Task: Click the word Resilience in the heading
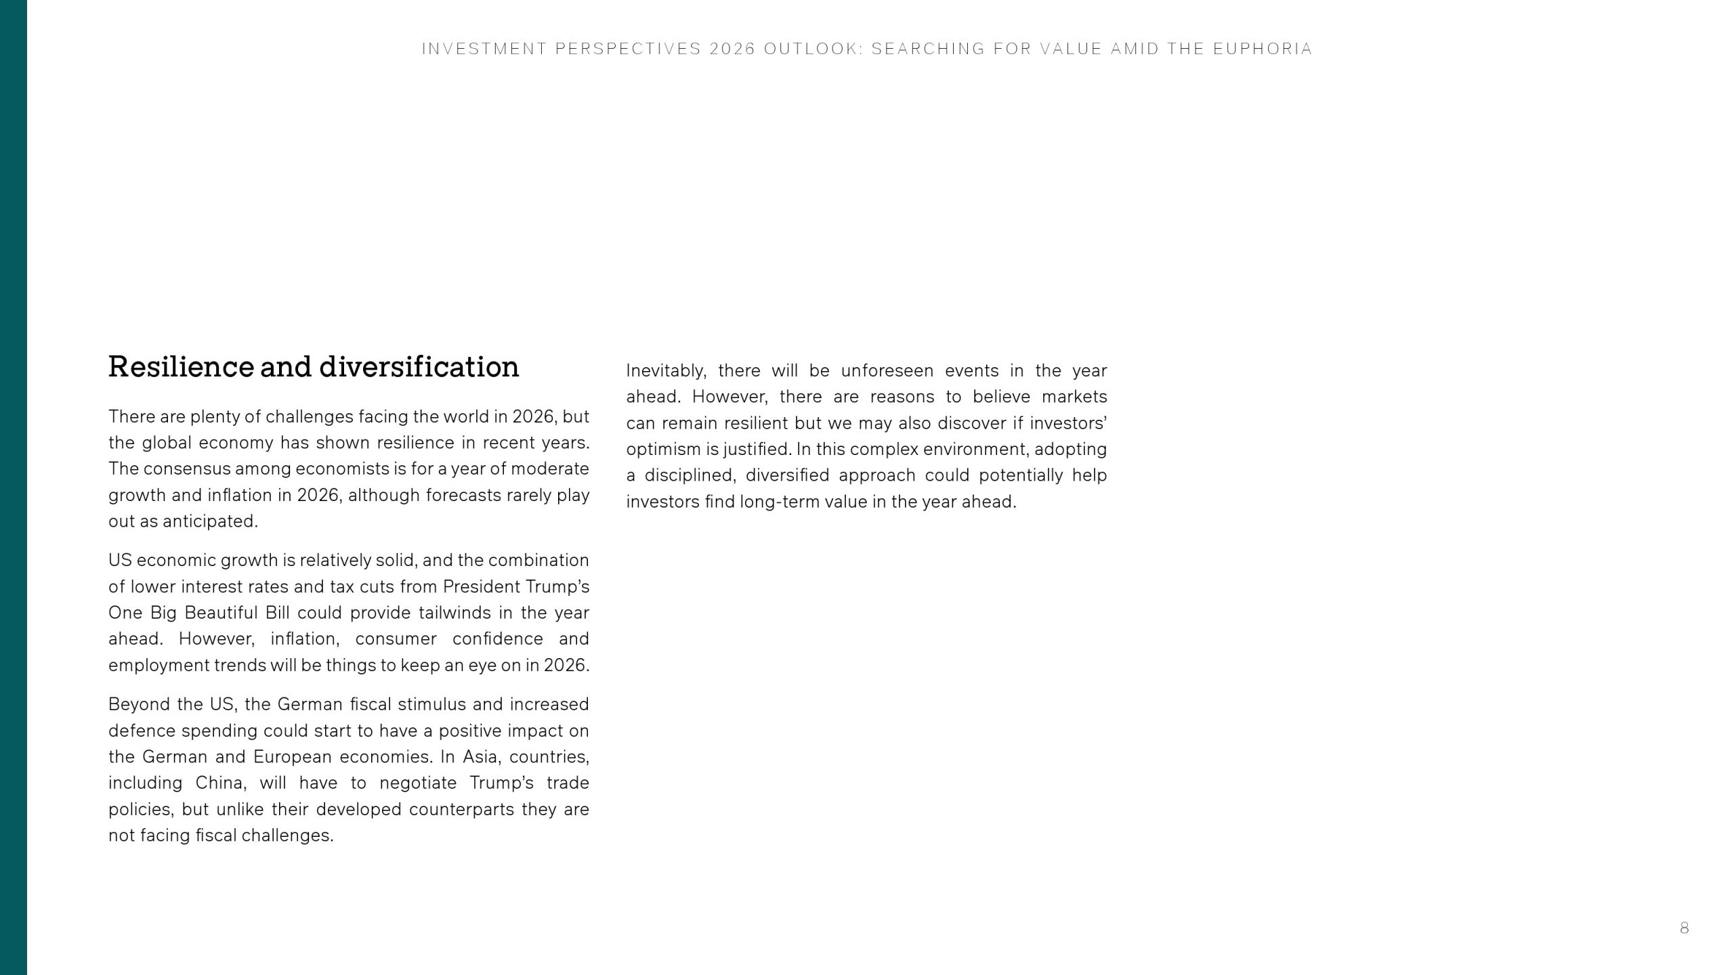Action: coord(181,367)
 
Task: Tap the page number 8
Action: coord(1684,928)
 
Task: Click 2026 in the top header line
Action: coord(732,49)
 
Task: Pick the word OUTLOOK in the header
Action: coord(813,49)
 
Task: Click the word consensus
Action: coord(187,469)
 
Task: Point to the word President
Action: coord(482,586)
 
